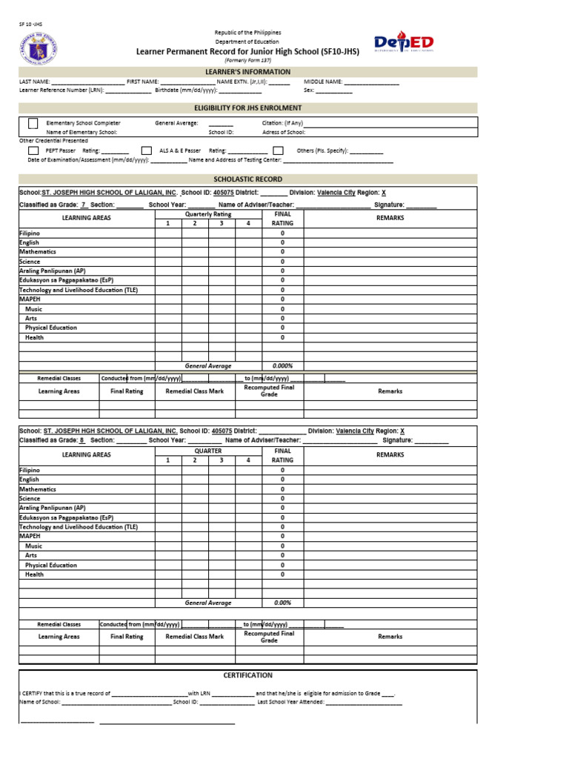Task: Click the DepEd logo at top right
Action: (x=404, y=44)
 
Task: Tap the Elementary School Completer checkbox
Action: (x=33, y=123)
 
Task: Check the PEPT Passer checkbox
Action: (x=33, y=150)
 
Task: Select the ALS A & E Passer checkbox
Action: (x=147, y=150)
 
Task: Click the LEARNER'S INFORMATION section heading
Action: (x=247, y=72)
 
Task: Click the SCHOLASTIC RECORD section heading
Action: (x=247, y=179)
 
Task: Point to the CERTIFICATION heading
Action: (x=247, y=675)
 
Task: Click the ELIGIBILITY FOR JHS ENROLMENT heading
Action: (x=247, y=108)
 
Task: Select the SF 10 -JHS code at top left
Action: (x=31, y=24)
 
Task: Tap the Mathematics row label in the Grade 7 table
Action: (x=38, y=252)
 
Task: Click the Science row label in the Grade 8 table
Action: (x=30, y=499)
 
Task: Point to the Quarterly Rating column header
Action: (x=208, y=214)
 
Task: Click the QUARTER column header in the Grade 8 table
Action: (x=208, y=451)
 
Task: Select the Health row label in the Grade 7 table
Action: (x=34, y=337)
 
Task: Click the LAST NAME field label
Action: (x=35, y=82)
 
